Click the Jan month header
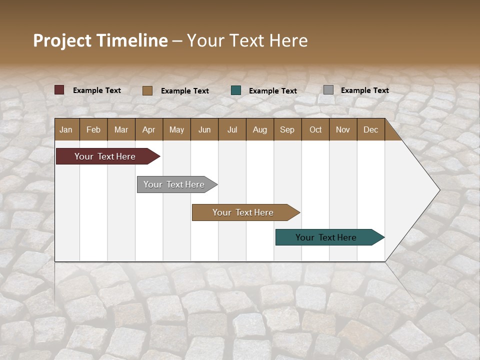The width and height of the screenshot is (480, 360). point(66,129)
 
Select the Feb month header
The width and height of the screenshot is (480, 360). point(93,129)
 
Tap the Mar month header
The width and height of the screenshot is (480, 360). point(121,129)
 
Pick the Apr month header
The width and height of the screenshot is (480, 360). point(148,129)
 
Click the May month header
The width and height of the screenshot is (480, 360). point(176,129)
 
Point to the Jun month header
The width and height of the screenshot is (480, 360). point(204,129)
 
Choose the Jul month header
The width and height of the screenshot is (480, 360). point(232,129)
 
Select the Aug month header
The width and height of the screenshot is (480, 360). point(259,129)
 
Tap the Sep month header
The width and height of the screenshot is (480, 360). point(287,129)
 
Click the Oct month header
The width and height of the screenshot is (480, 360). point(315,129)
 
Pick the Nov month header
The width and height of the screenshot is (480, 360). point(343,129)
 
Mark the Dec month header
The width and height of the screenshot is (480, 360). point(370,129)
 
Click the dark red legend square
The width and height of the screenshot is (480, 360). point(59,90)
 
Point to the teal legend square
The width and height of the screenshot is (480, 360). point(236,90)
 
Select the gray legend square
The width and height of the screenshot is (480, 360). point(328,90)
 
